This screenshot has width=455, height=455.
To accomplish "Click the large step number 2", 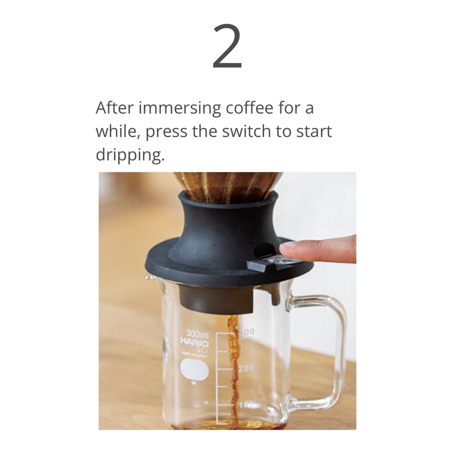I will [227, 47].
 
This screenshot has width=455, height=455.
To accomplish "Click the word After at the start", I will [115, 108].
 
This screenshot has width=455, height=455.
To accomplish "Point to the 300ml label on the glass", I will [197, 333].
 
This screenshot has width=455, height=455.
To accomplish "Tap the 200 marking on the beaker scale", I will [246, 368].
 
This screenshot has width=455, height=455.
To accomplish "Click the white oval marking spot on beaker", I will [195, 370].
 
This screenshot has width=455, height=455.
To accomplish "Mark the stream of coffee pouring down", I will [233, 369].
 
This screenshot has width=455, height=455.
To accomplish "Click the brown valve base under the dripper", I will [216, 299].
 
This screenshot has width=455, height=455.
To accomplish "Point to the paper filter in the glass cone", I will [227, 184].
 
